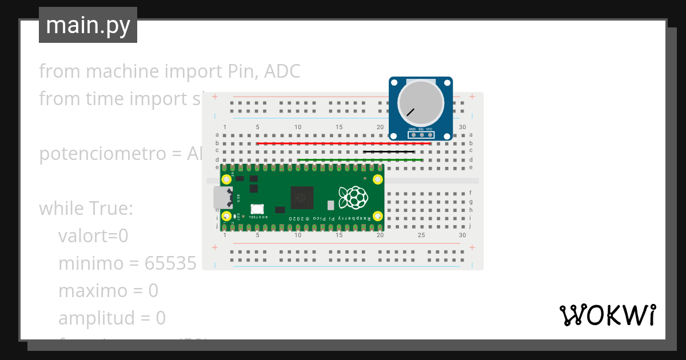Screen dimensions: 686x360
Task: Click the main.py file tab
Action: point(88,25)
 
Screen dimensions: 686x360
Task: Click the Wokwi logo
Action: point(607,315)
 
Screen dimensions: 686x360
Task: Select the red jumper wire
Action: point(343,143)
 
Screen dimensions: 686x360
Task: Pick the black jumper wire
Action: point(389,152)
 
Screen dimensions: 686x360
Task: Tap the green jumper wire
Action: point(360,160)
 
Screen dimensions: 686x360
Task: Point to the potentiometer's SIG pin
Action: point(421,135)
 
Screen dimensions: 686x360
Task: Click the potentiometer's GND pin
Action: point(412,135)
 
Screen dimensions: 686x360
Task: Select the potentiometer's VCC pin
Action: point(429,135)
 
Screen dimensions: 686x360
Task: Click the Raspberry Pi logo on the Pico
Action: point(352,197)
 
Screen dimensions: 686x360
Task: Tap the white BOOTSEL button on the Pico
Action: point(257,210)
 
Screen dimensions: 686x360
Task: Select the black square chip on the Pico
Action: point(302,198)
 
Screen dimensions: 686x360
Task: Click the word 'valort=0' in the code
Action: point(93,236)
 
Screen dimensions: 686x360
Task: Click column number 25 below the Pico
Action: point(421,235)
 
